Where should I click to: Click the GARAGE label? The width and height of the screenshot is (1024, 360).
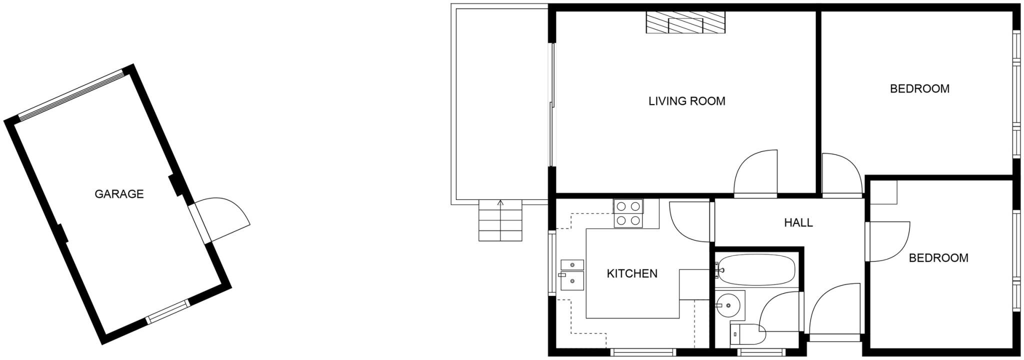point(119,194)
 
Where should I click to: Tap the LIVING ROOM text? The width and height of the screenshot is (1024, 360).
point(686,101)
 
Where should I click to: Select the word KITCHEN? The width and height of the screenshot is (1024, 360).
point(631,273)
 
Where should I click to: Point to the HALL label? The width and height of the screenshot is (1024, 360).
point(798,222)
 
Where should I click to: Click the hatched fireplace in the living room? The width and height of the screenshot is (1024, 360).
point(685,23)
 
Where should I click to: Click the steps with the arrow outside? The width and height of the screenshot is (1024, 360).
point(500,220)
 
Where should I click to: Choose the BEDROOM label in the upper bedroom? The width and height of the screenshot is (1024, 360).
point(919,88)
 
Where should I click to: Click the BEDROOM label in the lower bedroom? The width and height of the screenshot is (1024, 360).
point(938,258)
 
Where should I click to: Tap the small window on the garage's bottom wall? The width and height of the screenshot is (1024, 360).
point(168,311)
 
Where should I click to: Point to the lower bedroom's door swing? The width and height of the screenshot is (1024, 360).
point(889,241)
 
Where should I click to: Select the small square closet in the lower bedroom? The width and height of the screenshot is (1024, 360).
point(883,192)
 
